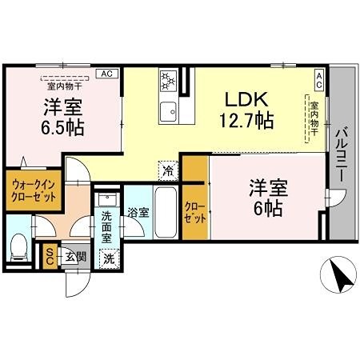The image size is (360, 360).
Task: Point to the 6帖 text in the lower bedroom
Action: pos(268,210)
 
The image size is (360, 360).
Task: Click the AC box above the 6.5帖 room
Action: pos(104,73)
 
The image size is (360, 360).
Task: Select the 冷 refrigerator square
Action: pos(167,170)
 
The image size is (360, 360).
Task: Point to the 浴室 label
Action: pos(138,213)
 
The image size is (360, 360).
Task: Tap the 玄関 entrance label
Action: pos(76,256)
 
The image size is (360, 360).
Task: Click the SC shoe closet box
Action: pos(50,255)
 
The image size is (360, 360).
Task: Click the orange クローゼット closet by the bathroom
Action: pos(194,212)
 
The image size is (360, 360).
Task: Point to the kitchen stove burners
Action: pos(169,80)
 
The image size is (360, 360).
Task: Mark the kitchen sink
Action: pos(169,109)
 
